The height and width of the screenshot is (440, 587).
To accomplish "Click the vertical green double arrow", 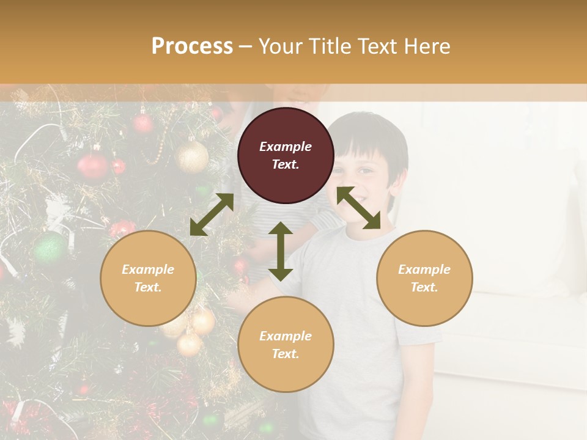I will tap(281, 251).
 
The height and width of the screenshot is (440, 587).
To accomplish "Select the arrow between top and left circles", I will tap(212, 215).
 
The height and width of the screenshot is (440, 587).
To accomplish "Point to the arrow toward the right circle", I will tap(358, 208).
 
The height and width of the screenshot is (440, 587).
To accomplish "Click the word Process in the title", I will tap(192, 46).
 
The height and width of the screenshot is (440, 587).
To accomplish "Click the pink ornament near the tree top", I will tap(143, 123).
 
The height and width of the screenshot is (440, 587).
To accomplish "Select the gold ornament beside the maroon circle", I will tap(191, 157).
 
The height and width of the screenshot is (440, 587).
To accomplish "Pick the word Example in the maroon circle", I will tap(286, 147).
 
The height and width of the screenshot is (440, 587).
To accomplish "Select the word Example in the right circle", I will tap(424, 269).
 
